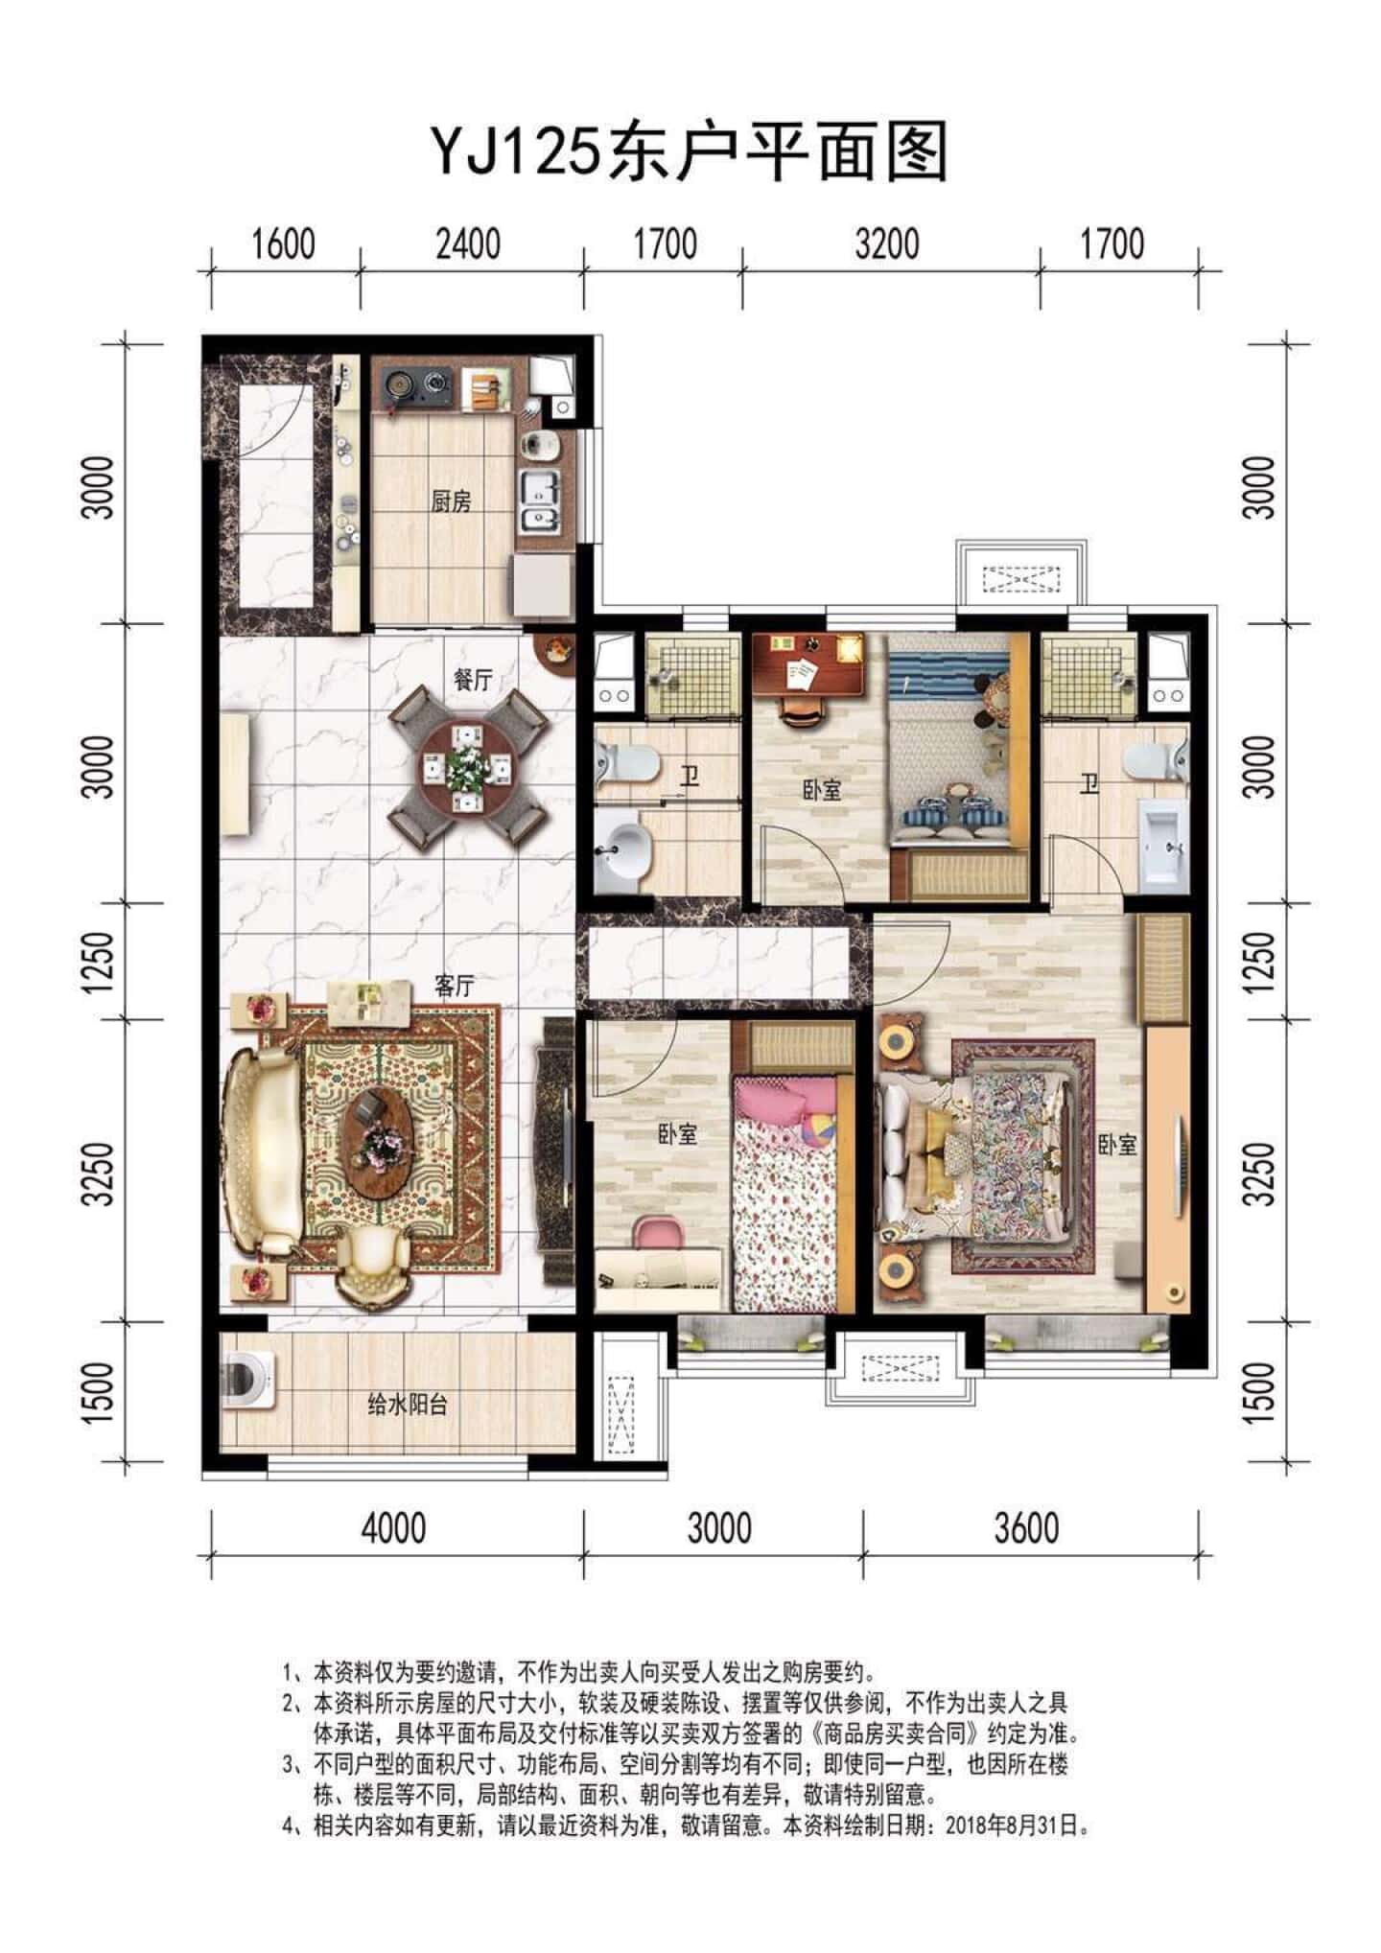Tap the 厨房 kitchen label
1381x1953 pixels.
click(451, 500)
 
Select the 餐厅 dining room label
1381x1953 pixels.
click(472, 680)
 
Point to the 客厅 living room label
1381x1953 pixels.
click(456, 986)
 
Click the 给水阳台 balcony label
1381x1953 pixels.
click(408, 1406)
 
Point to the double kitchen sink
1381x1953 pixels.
click(542, 501)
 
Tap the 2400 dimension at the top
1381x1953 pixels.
click(468, 244)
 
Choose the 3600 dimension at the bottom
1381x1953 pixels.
click(1026, 1527)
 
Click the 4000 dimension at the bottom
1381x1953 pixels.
click(393, 1527)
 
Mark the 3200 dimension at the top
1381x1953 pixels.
click(887, 244)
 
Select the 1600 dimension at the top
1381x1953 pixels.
click(284, 244)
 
